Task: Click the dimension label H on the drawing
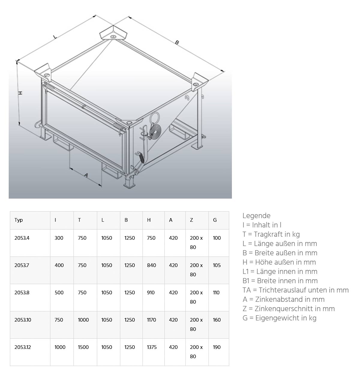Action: click(x=20, y=93)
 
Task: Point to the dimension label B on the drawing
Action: click(x=177, y=43)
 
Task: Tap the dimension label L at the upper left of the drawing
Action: click(x=55, y=37)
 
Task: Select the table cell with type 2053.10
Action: click(x=23, y=320)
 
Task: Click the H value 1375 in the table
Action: click(x=152, y=347)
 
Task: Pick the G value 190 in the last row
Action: click(x=217, y=347)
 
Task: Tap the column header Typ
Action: click(x=19, y=220)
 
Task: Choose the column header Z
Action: click(x=191, y=220)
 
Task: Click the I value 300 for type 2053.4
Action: click(x=59, y=238)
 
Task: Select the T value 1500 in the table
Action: click(x=83, y=347)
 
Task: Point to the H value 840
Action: click(x=151, y=265)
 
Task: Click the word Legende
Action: click(x=256, y=216)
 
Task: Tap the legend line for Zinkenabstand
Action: click(x=283, y=299)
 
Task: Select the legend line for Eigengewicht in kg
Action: click(x=279, y=318)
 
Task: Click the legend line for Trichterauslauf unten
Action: click(x=295, y=290)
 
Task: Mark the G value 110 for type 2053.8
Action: click(x=216, y=292)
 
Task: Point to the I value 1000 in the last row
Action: click(x=60, y=347)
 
